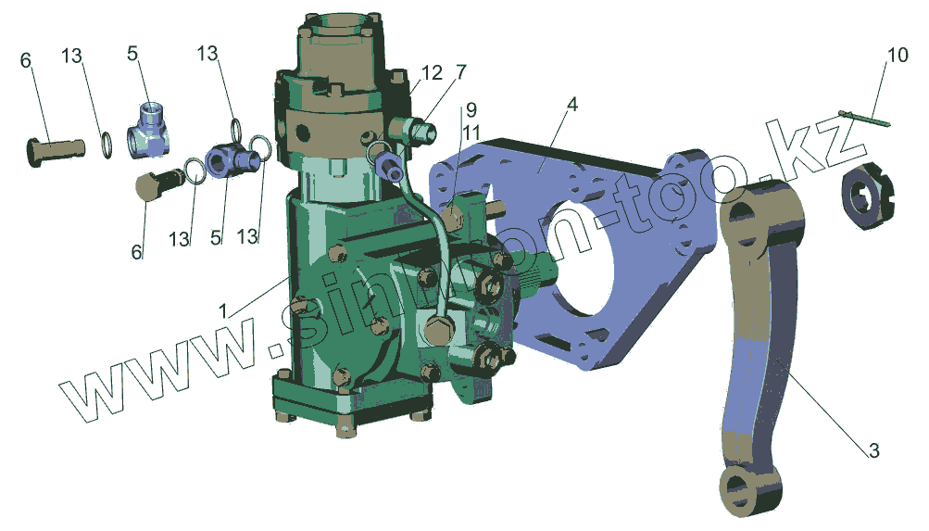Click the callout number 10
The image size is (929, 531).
897,55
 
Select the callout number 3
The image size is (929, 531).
874,450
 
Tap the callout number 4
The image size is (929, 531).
571,105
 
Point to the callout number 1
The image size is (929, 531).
223,310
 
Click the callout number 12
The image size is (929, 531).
432,73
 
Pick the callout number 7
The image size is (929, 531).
461,71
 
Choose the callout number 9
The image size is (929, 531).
471,109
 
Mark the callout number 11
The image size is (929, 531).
471,133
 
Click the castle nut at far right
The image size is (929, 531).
868,197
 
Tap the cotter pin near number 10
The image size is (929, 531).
865,118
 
